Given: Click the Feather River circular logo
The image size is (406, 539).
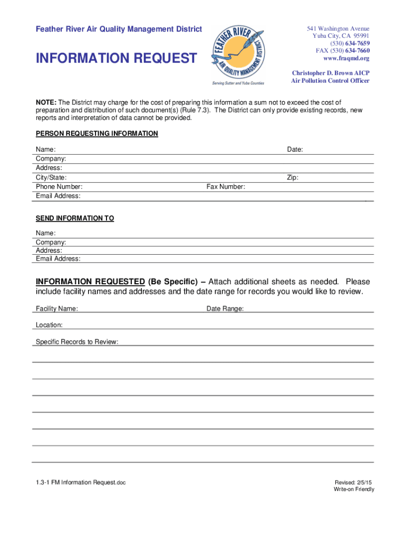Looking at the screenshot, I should [x=238, y=54].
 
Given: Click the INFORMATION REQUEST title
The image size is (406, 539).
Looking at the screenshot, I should [x=116, y=58].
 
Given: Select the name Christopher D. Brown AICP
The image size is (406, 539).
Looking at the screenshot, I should [x=331, y=73].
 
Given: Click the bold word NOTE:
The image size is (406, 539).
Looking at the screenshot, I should [x=46, y=102].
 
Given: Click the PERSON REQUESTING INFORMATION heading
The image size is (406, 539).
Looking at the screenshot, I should [x=96, y=134].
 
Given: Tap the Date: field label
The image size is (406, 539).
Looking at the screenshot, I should [x=295, y=149].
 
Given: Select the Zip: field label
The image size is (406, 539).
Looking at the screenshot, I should [x=293, y=178].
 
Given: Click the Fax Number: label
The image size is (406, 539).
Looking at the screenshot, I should [x=226, y=187].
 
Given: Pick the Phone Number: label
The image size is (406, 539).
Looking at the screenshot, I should [x=59, y=187].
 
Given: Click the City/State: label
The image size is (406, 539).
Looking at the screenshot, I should [x=51, y=178].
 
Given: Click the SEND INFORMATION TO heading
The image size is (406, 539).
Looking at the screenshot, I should [x=75, y=218].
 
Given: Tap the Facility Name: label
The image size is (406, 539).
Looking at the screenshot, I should [x=57, y=308].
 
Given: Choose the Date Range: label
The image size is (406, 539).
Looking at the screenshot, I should [x=225, y=308].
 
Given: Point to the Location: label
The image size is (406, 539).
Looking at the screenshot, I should [x=49, y=325].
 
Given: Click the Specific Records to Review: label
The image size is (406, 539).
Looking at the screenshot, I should [x=77, y=342].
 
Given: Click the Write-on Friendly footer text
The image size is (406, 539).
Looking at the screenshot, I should [x=353, y=490].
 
